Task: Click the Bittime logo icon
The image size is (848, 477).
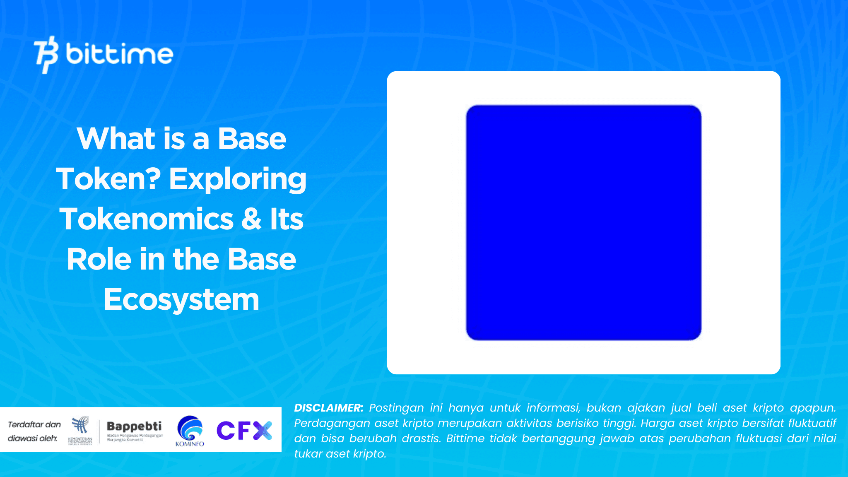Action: click(46, 55)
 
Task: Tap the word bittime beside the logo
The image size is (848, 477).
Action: click(119, 54)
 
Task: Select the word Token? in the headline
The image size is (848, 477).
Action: click(108, 179)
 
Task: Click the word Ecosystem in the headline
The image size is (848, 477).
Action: click(181, 299)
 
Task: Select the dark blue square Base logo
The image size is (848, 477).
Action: click(583, 223)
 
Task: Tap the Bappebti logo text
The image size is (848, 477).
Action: click(134, 426)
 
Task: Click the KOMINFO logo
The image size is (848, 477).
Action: click(190, 431)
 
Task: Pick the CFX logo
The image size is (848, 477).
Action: click(244, 431)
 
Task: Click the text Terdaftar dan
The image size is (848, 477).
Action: click(34, 424)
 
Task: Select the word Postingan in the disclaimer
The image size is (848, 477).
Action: click(396, 408)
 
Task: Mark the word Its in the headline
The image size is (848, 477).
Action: click(287, 219)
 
